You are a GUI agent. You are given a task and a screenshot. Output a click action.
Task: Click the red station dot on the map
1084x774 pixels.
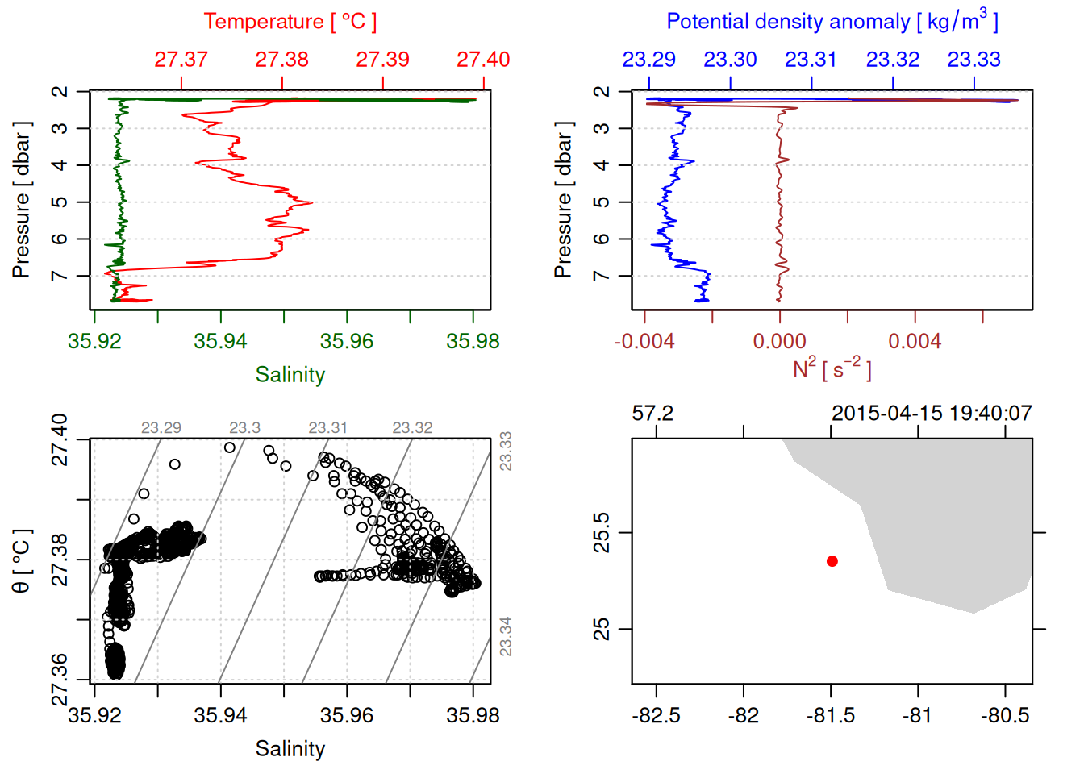coord(832,561)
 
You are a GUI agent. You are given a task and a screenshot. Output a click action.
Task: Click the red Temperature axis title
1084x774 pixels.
coord(290,22)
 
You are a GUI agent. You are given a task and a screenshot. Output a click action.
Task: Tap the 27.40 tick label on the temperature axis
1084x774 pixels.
coord(483,60)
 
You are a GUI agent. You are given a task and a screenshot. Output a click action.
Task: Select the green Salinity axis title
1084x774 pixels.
coord(290,375)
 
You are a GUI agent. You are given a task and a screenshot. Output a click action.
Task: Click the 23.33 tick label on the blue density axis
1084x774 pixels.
coord(974,60)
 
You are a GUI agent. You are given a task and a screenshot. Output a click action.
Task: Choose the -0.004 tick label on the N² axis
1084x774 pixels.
coord(644,342)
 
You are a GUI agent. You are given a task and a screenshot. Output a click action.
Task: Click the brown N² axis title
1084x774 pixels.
coord(832,369)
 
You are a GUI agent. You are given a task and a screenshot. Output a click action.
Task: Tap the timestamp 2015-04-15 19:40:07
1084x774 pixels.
coord(932,414)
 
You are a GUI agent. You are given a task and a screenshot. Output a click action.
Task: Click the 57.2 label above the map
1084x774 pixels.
coord(652,414)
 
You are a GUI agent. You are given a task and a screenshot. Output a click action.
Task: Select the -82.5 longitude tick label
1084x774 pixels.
coord(657,716)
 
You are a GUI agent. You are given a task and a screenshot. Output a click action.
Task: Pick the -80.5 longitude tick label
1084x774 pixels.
coord(1005,716)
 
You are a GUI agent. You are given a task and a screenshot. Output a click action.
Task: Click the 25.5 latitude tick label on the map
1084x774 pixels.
coord(602,533)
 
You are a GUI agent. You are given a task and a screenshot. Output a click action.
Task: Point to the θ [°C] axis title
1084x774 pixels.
coord(22,561)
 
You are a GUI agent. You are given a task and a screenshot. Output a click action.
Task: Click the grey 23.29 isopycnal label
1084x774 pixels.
coord(161,428)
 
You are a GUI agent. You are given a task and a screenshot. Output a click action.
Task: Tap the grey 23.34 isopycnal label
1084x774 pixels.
coord(506,636)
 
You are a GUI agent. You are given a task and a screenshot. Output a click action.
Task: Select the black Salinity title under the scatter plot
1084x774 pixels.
coord(290,749)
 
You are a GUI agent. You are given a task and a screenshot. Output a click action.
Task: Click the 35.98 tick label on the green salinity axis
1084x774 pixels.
coord(473,342)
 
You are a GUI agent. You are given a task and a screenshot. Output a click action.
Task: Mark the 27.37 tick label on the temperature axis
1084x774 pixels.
coord(181,60)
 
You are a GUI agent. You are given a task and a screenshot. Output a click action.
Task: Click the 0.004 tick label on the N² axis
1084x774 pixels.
coord(915,342)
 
